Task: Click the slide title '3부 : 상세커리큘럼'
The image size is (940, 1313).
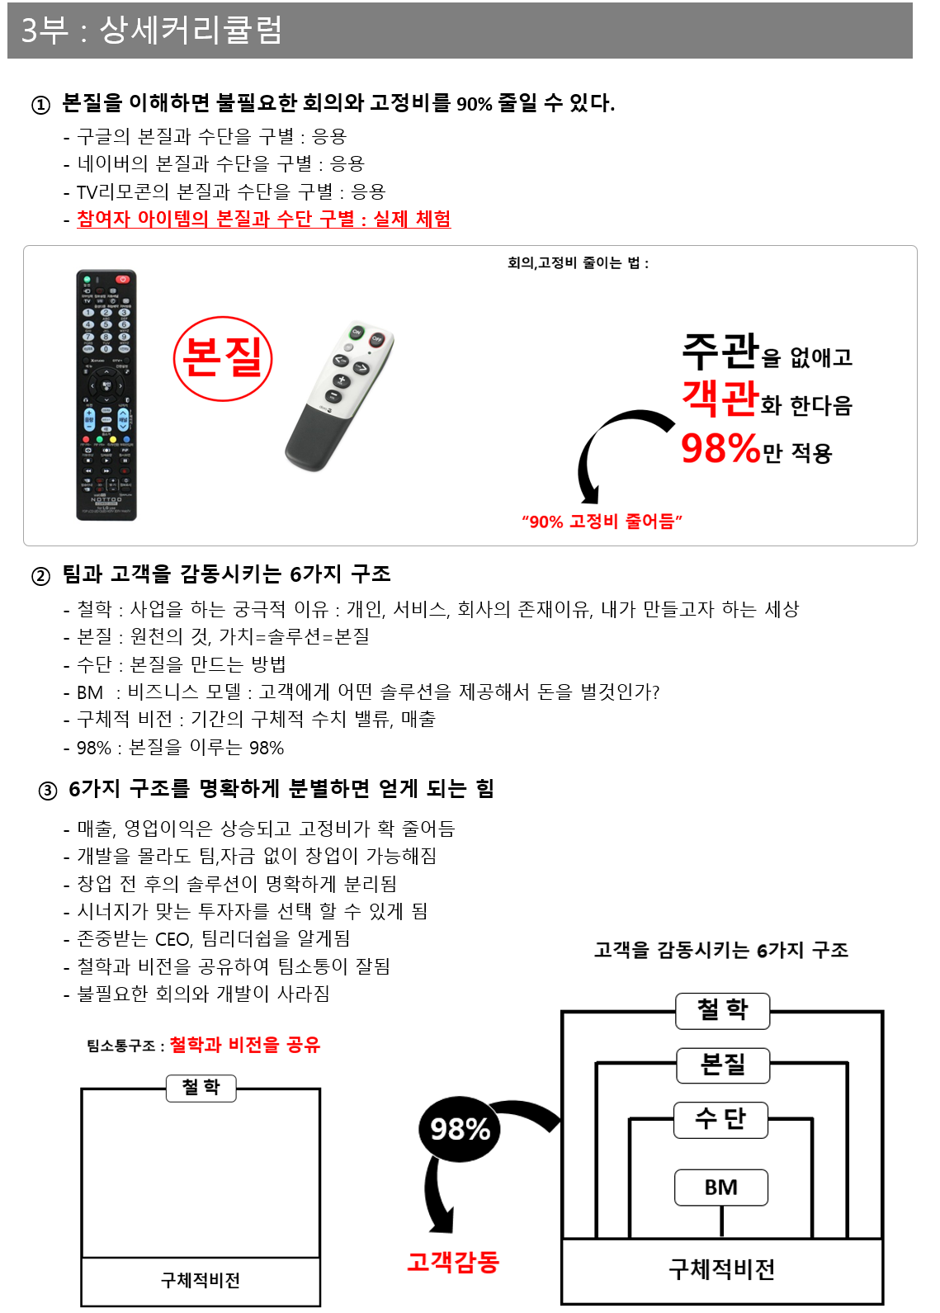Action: pyautogui.click(x=151, y=31)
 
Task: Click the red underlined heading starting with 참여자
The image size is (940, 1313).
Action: pyautogui.click(x=263, y=219)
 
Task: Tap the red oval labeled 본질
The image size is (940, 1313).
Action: pyautogui.click(x=223, y=359)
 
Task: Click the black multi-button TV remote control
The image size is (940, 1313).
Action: pyautogui.click(x=106, y=394)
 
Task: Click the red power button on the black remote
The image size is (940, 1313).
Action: pyautogui.click(x=122, y=280)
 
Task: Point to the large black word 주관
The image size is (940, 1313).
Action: pyautogui.click(x=720, y=351)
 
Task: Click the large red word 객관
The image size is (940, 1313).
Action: pyautogui.click(x=720, y=398)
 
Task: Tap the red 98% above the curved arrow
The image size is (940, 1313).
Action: pyautogui.click(x=720, y=449)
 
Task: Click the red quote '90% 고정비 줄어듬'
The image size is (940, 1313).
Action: pyautogui.click(x=602, y=522)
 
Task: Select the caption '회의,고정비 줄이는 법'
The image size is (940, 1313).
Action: pyautogui.click(x=578, y=263)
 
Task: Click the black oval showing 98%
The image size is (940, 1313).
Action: pyautogui.click(x=460, y=1128)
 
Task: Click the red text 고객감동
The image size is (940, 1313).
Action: pyautogui.click(x=453, y=1262)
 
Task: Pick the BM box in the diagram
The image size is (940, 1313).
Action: pyautogui.click(x=721, y=1188)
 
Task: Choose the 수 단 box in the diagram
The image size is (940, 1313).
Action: pyautogui.click(x=720, y=1120)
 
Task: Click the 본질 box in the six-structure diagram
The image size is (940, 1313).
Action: pyautogui.click(x=723, y=1065)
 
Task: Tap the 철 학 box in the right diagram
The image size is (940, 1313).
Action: pyautogui.click(x=722, y=1010)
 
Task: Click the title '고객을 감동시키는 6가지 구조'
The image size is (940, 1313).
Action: pyautogui.click(x=720, y=951)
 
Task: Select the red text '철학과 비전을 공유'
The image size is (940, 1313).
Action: pyautogui.click(x=244, y=1045)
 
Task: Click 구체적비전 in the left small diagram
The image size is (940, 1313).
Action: pyautogui.click(x=201, y=1280)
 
